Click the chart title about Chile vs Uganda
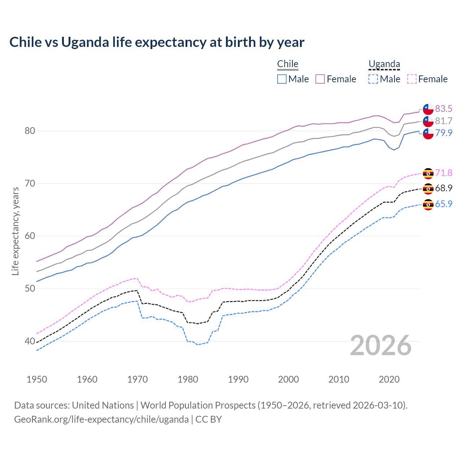tap(157, 42)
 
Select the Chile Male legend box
tap(282, 79)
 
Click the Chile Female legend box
tap(320, 79)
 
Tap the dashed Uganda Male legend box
tap(373, 79)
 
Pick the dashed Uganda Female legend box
tap(412, 79)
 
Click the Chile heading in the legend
tap(288, 64)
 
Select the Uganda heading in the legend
tap(384, 64)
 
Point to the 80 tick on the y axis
tap(30, 131)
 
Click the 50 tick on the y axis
tap(30, 288)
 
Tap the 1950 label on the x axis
tap(37, 379)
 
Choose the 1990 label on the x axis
tap(238, 379)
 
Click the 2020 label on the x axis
tap(389, 379)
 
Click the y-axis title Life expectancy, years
tap(15, 231)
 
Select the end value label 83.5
tap(444, 109)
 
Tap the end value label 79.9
tap(444, 133)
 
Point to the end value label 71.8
tap(444, 173)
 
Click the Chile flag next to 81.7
tap(428, 121)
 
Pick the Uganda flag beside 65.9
tap(428, 204)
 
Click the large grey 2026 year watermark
tap(381, 345)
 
